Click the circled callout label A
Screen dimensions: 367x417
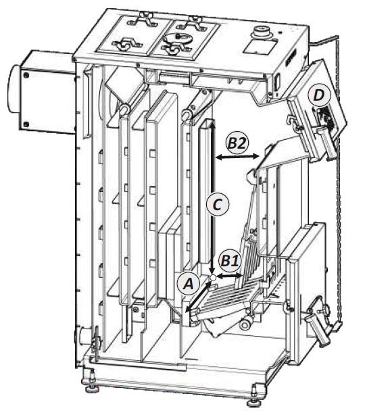pos(189,284)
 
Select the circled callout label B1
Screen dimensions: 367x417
pos(230,261)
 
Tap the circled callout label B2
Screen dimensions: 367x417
pos(237,143)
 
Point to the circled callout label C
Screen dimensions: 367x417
pos(218,205)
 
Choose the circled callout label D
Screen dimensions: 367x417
pos(318,95)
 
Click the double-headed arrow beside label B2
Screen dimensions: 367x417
pos(237,157)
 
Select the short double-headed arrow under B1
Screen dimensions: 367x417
pos(230,276)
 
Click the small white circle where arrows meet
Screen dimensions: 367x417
pos(213,278)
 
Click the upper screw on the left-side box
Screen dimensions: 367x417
pos(26,75)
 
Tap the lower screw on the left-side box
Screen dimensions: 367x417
pos(26,124)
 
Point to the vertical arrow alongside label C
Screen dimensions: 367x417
pos(212,197)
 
